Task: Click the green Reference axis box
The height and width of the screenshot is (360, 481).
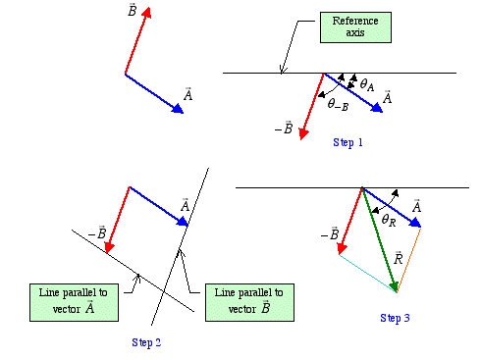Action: pyautogui.click(x=354, y=27)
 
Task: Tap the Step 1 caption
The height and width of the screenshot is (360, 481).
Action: pyautogui.click(x=347, y=142)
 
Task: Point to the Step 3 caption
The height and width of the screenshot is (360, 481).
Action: pyautogui.click(x=395, y=317)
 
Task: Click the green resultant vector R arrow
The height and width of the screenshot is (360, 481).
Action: pyautogui.click(x=380, y=239)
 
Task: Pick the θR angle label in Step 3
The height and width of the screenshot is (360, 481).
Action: pyautogui.click(x=389, y=221)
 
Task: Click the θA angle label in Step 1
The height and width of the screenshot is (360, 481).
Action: pyautogui.click(x=367, y=86)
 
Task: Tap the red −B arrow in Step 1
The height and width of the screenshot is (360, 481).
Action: pyautogui.click(x=313, y=104)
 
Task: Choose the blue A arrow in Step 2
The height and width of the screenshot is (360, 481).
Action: pyautogui.click(x=158, y=205)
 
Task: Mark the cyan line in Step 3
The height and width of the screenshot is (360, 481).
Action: pyautogui.click(x=367, y=274)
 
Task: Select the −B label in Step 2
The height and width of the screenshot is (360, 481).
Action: pyautogui.click(x=96, y=233)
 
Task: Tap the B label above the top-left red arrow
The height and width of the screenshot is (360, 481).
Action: pyautogui.click(x=132, y=12)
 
